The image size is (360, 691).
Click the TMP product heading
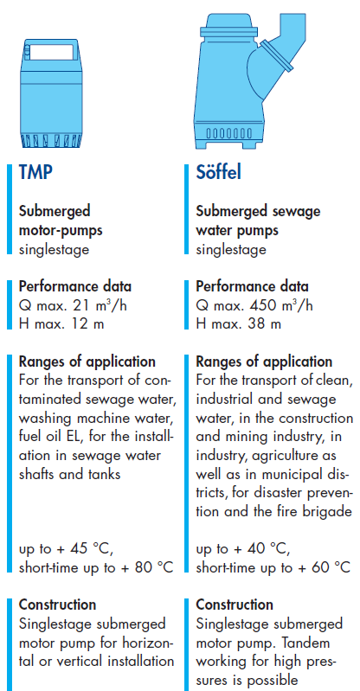[35, 172]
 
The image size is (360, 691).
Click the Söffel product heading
[219, 172]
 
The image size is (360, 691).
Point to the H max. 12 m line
[61, 325]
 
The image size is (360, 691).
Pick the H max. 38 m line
[238, 325]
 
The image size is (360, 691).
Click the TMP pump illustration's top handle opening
[53, 52]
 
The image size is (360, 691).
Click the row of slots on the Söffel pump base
[229, 133]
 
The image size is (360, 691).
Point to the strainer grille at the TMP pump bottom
[51, 141]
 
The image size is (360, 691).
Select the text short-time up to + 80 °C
[96, 567]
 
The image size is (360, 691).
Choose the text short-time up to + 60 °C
[273, 567]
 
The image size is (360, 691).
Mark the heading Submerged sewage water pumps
[258, 221]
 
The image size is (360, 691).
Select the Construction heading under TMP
[57, 605]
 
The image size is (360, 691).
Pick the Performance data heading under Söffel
[253, 286]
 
